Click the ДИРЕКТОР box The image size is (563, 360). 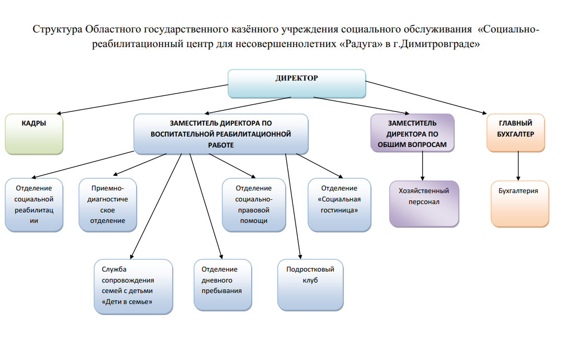pos(297,84)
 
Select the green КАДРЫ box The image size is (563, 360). pos(34,134)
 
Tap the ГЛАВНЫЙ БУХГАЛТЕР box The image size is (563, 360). pos(515,133)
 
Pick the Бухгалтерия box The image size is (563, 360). pos(520,204)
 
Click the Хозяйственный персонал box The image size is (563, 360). pos(424,204)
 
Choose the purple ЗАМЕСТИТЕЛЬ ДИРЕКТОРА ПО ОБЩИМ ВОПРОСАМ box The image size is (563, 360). pos(412,133)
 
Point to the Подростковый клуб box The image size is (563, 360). pos(310,285)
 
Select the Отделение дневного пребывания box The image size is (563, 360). pos(222,285)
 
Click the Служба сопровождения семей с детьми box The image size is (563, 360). pos(133,287)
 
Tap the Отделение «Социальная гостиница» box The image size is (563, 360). pos(339,205)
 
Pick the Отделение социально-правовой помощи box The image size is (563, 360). pos(254,205)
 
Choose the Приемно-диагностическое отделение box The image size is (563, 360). pos(108,205)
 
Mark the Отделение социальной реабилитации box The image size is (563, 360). pos(34,205)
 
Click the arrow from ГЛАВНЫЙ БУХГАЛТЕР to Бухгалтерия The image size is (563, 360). pos(518,166)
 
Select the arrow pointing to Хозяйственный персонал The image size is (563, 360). pos(422,166)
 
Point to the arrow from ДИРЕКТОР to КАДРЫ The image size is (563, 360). pos(142,99)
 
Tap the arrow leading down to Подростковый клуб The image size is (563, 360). pos(293,206)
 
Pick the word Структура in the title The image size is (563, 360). pos(58,29)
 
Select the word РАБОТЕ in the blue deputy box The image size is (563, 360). pos(221,145)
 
